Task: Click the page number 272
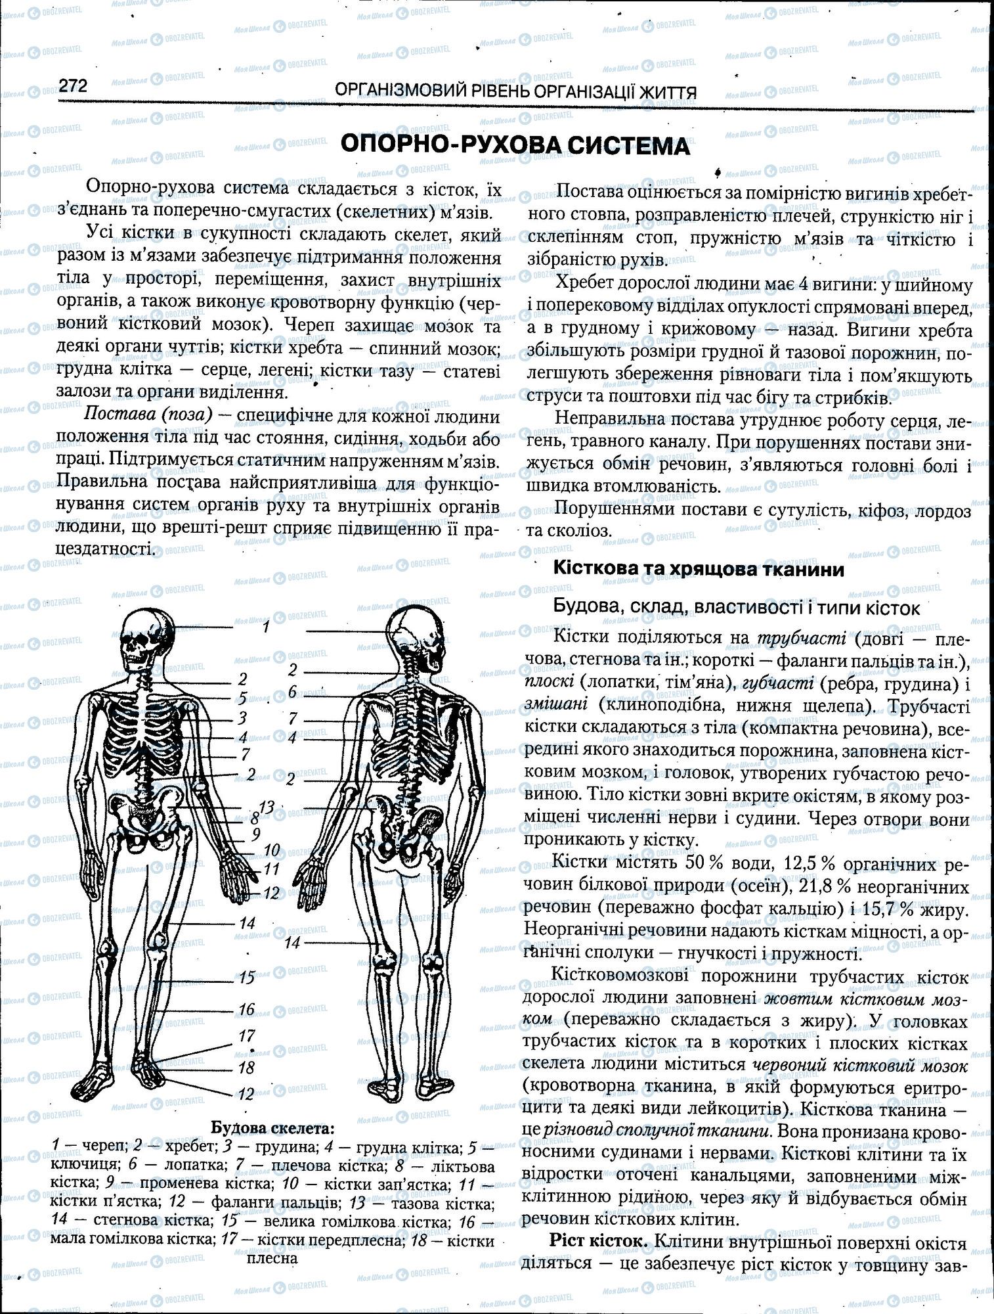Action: (x=73, y=86)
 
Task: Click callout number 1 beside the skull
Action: (x=265, y=627)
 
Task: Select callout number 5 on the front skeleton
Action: (x=242, y=698)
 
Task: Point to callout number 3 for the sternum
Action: (x=242, y=718)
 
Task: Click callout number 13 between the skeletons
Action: (x=266, y=807)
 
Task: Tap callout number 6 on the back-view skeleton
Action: (x=293, y=692)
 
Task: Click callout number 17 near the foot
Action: (x=246, y=1036)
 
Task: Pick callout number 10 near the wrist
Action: (x=272, y=850)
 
